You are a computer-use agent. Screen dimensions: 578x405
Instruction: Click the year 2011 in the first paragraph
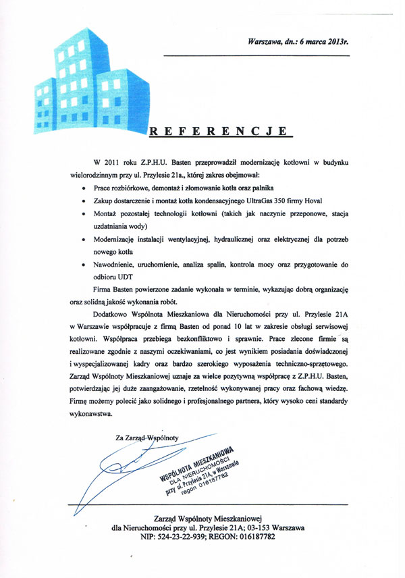click(x=119, y=163)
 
